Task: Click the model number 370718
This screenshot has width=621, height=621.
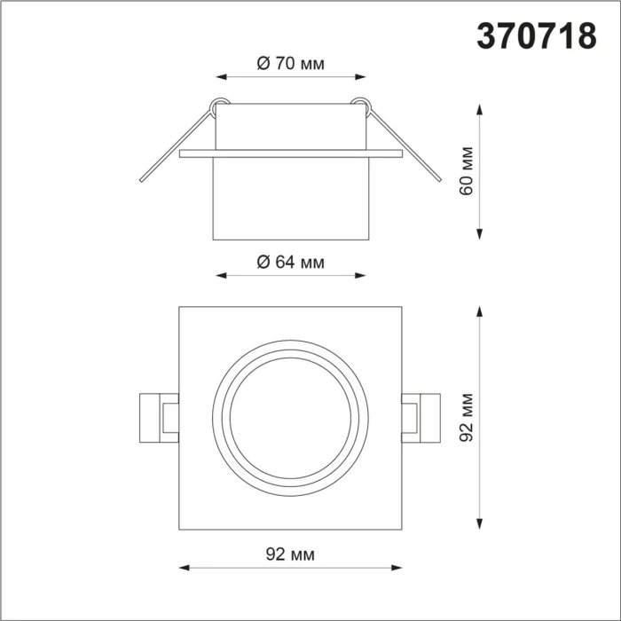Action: pos(537,36)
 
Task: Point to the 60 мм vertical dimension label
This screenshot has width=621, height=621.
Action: pos(468,170)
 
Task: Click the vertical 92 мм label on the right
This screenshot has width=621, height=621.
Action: pos(468,417)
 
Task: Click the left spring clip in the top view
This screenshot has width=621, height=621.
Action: pos(160,417)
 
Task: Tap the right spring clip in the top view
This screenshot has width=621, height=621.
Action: pos(419,417)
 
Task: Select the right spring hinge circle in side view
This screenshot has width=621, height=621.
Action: pos(360,103)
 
